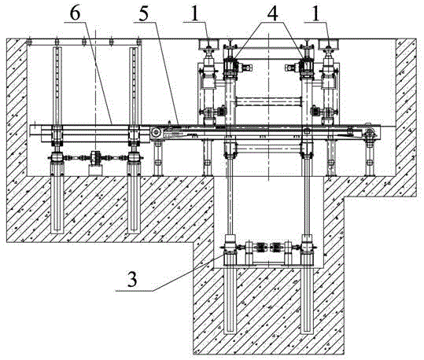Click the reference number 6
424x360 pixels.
coord(76,13)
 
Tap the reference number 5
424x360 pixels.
coord(144,14)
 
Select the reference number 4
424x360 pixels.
coord(272,13)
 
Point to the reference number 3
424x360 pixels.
coord(132,280)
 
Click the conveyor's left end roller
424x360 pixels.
coord(156,133)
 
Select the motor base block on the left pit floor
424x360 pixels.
coord(95,171)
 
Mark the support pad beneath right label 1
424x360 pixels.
coord(329,45)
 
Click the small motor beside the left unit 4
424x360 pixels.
coord(245,68)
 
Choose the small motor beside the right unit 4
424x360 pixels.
coord(292,68)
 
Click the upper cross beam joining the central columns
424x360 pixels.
coord(269,101)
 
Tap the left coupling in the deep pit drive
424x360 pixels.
coord(260,248)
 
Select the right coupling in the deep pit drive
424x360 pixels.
coord(276,248)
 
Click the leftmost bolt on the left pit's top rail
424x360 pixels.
coord(29,42)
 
